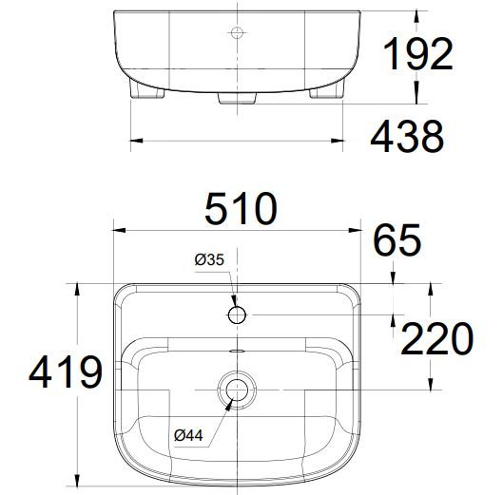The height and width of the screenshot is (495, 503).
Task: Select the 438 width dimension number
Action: tap(406, 138)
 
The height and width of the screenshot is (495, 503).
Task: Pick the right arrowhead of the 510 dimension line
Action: tap(350, 228)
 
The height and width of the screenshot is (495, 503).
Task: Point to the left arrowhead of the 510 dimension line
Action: tap(117, 228)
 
